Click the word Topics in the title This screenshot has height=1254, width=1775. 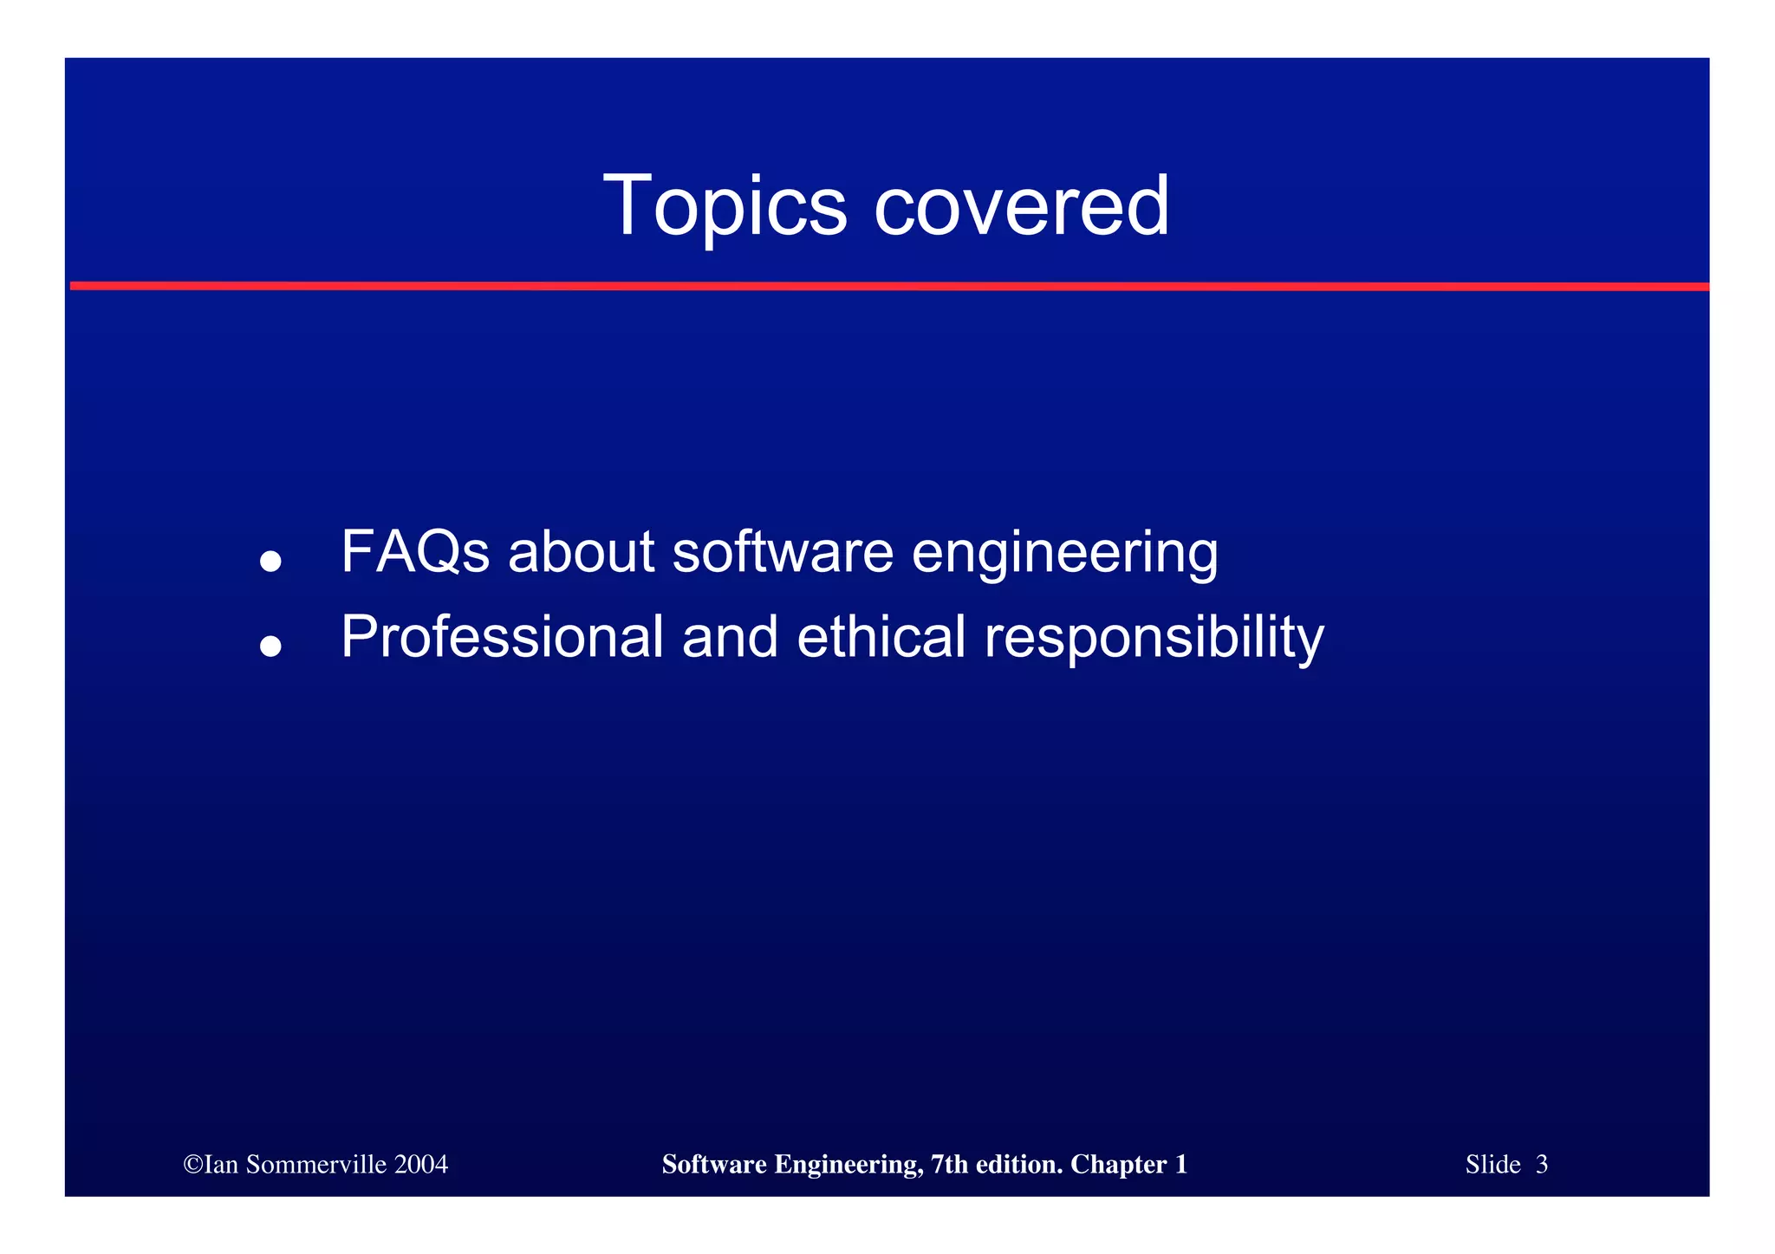[x=724, y=206]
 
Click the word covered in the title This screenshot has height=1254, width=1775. [x=1022, y=206]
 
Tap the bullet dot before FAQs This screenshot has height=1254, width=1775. [x=270, y=561]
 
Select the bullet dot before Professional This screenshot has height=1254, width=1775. [x=270, y=646]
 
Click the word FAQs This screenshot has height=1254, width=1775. [x=415, y=552]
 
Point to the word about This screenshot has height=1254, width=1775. [x=581, y=552]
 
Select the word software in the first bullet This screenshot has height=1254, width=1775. [x=783, y=552]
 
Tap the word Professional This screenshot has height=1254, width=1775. [x=503, y=637]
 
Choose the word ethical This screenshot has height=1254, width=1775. [x=881, y=637]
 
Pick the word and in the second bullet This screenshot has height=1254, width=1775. [x=730, y=637]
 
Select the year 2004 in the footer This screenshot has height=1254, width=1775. [x=421, y=1165]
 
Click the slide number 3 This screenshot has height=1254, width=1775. [x=1541, y=1165]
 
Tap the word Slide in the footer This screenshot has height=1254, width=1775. [x=1492, y=1165]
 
